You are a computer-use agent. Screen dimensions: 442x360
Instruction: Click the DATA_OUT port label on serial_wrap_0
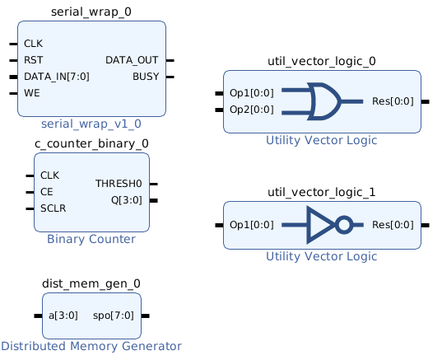132,60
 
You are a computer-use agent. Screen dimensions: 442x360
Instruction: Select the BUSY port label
146,77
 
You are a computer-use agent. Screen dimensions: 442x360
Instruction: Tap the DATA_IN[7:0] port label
57,77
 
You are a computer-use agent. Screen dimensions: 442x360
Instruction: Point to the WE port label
32,93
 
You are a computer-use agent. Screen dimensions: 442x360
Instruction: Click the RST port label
34,60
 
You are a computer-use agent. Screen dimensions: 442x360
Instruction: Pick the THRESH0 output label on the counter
119,184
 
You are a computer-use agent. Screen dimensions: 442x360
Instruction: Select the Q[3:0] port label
127,200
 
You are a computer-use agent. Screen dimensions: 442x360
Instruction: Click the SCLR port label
54,208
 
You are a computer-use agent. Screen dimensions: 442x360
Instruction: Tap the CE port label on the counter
47,192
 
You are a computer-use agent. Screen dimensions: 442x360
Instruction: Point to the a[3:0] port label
63,316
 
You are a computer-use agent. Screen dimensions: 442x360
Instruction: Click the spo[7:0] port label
114,316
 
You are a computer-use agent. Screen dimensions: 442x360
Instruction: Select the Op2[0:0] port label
252,110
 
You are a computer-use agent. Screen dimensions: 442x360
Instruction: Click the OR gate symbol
324,101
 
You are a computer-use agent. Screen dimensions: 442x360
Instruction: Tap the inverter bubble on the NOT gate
344,225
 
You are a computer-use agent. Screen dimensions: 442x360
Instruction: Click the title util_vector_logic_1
322,192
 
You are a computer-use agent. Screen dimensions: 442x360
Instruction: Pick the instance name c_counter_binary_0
91,143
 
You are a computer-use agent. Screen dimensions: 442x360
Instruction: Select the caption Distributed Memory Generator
91,346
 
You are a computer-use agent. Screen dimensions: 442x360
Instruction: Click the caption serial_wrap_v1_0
91,124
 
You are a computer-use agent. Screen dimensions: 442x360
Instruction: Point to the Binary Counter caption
91,239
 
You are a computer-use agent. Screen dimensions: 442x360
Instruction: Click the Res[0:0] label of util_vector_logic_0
393,101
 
